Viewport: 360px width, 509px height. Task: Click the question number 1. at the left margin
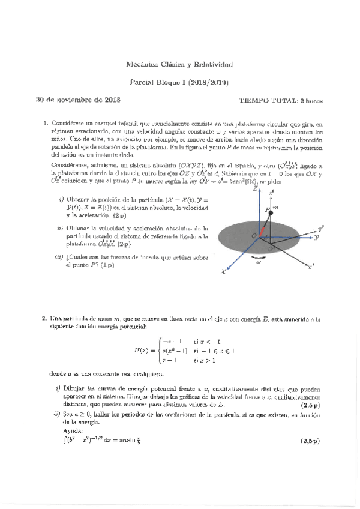45,123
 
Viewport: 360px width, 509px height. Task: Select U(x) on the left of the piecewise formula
143,351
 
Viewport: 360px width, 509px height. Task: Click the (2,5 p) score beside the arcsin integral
310,442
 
